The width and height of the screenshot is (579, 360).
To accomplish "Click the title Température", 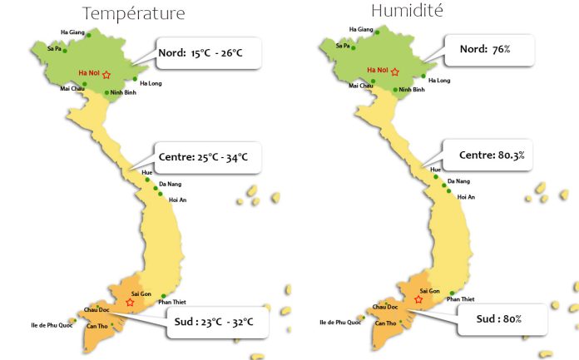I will coord(133,13).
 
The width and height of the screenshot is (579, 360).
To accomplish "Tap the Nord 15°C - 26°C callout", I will coord(209,54).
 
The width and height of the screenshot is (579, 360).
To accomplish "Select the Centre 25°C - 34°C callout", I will coord(209,156).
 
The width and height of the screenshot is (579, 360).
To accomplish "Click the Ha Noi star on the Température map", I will coord(106,75).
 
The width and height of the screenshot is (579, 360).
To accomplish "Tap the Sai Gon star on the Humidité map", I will coord(418,299).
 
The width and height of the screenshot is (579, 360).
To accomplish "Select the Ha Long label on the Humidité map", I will coord(439,81).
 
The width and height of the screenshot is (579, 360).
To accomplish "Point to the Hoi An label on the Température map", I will coord(177,200).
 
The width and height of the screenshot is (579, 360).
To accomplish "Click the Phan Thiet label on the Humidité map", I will coord(462,298).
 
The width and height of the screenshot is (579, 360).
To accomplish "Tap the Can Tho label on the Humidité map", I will coord(385,323).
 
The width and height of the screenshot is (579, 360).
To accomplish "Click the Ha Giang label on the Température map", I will coord(73,33).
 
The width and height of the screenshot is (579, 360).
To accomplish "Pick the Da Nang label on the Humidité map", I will coord(458,180).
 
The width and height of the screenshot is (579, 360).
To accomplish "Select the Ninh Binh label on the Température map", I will coord(124,92).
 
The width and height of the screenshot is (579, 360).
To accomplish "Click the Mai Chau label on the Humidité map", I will coord(360,85).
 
